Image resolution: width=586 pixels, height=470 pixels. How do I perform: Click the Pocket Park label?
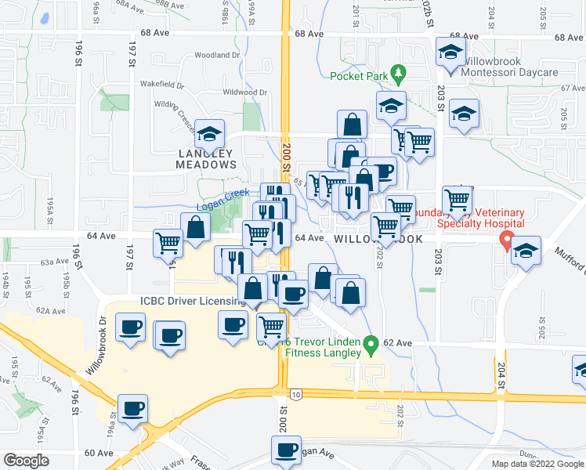coord(359,76)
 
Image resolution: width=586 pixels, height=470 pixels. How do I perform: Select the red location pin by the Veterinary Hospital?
coord(506,241)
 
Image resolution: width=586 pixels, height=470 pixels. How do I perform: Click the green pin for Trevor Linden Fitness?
coord(373,342)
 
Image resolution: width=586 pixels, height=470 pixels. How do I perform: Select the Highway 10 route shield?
coord(295,392)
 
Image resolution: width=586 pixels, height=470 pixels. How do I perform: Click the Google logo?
coord(26,460)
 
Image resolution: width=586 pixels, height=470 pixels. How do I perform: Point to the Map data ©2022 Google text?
coord(537,464)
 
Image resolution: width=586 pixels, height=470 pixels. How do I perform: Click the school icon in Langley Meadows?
coord(209,134)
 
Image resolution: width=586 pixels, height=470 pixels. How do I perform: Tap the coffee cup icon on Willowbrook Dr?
coord(131,327)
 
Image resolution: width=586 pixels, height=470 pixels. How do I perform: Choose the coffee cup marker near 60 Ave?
coord(286,450)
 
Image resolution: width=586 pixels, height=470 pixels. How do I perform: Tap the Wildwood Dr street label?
coord(245,92)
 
